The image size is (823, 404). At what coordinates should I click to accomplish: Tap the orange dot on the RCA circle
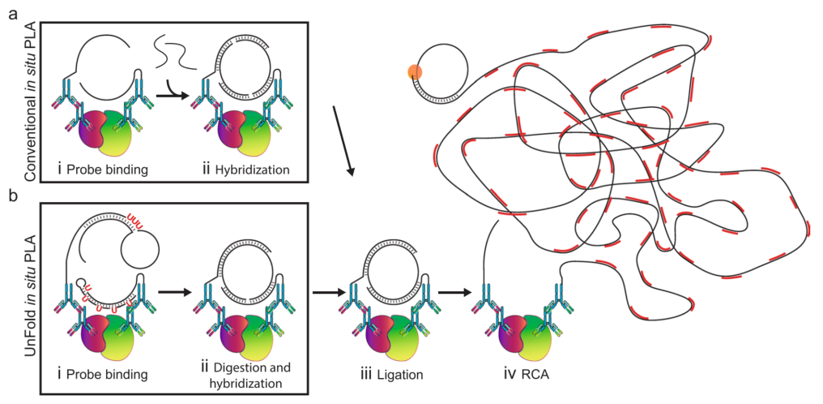point(416,73)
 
